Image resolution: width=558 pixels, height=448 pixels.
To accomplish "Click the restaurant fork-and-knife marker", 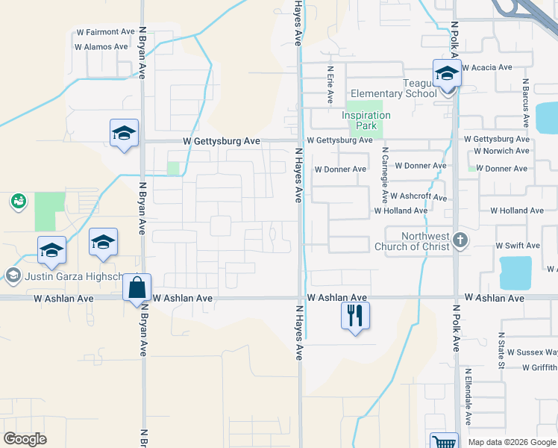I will click(355, 315).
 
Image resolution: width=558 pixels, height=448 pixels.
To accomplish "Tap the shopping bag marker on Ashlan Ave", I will click(137, 287).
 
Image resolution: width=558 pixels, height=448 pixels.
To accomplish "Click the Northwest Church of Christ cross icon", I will click(461, 240).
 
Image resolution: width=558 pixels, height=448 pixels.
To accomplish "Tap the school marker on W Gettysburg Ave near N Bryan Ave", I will click(124, 134).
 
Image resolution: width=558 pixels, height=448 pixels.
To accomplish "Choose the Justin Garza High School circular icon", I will click(12, 276).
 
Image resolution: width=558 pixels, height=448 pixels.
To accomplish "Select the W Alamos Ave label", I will click(101, 46).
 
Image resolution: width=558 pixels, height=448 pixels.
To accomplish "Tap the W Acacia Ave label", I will click(487, 67).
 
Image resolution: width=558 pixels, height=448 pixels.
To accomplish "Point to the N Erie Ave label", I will click(329, 84).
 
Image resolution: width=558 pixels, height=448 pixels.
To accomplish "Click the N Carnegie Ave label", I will click(385, 175).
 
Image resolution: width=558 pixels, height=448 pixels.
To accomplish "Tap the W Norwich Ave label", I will click(501, 151).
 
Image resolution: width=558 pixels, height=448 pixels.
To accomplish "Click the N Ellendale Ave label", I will click(468, 396).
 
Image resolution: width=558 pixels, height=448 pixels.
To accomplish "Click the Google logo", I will click(25, 439).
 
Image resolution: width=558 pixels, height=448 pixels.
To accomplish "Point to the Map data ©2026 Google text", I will click(512, 442).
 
